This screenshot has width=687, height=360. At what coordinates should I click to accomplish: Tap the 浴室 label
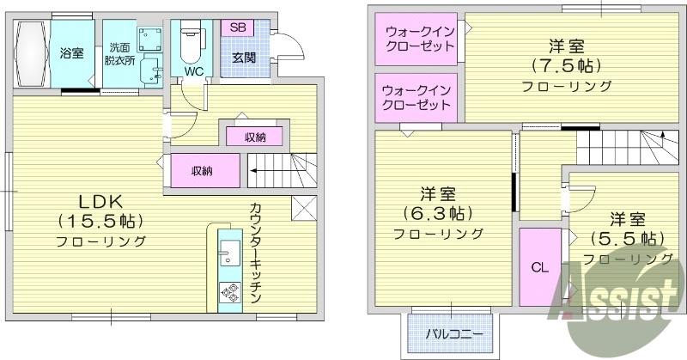[71, 53]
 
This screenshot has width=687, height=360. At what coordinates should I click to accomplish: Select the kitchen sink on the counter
[229, 253]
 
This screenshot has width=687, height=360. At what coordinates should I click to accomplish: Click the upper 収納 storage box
[255, 136]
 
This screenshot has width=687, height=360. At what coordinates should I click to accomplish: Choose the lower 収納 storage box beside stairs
[203, 170]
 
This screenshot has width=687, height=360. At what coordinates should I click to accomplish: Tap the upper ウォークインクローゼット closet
[416, 40]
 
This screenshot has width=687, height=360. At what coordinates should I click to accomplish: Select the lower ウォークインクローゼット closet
[416, 97]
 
